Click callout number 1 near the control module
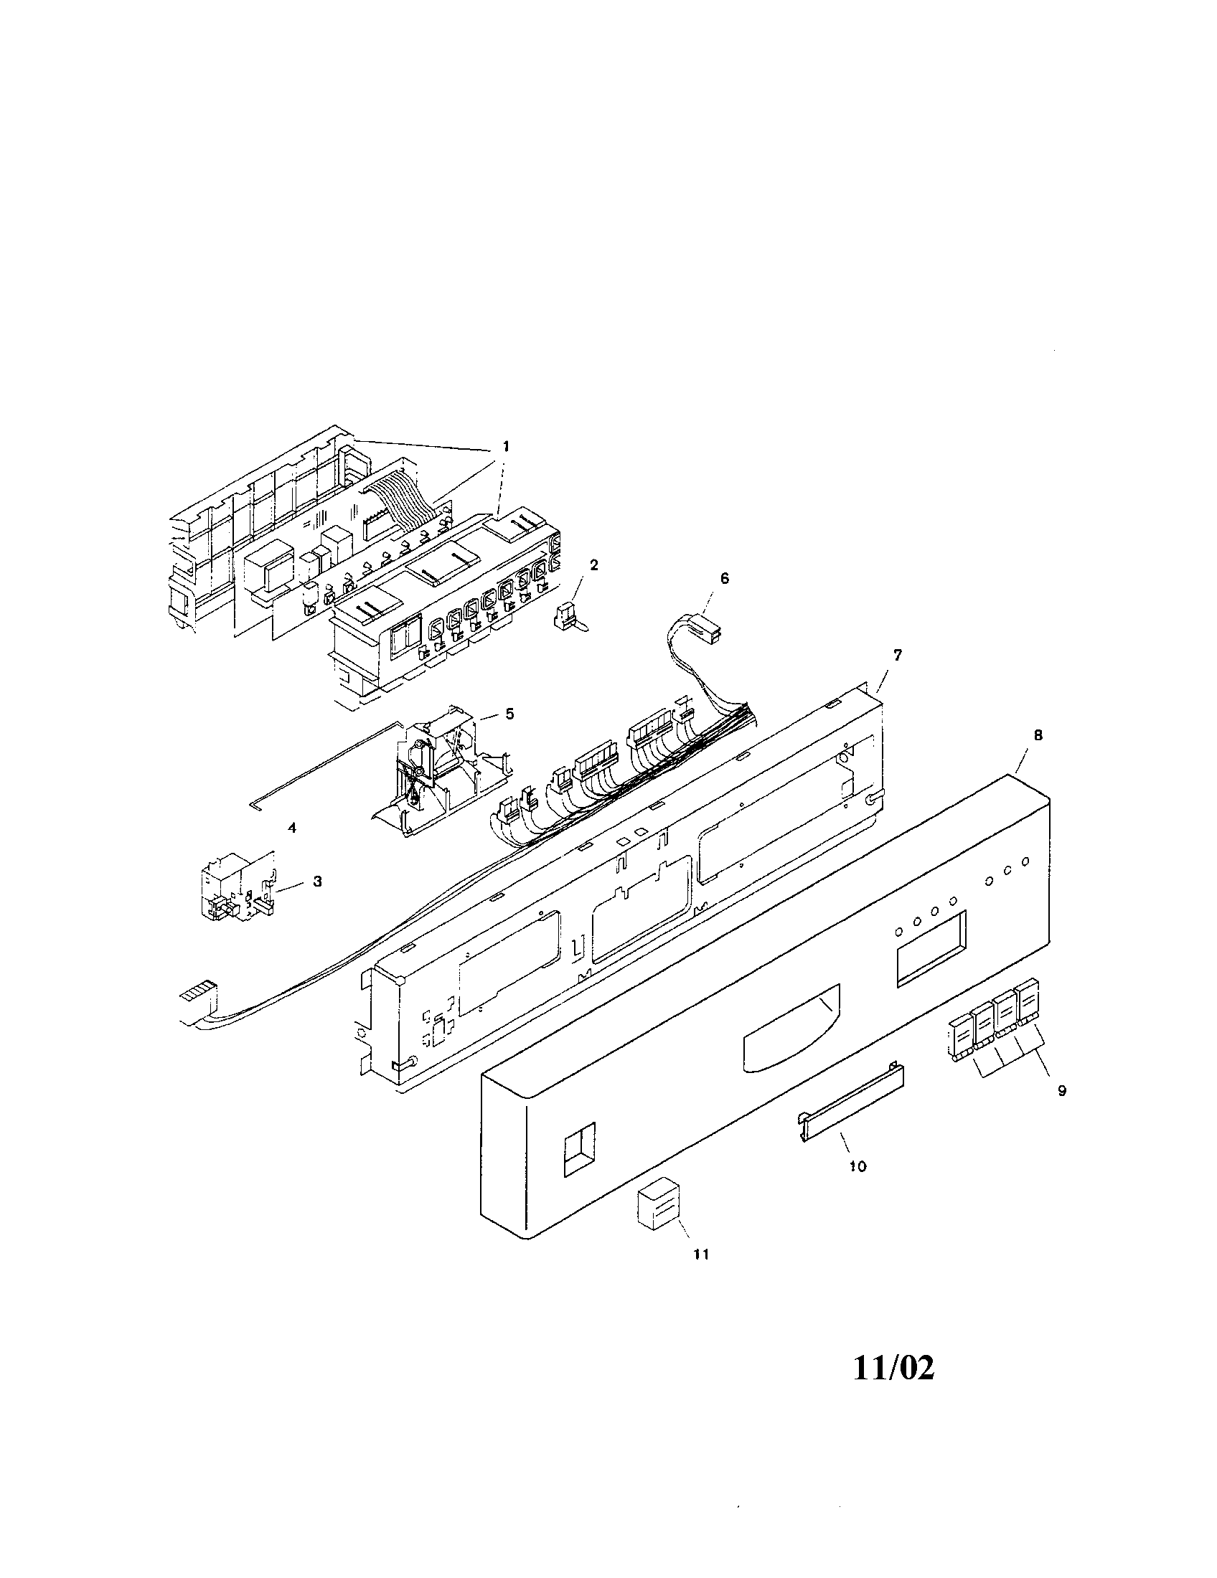tap(506, 448)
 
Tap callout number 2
tap(594, 566)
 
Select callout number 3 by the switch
tap(317, 882)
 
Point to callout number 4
tap(292, 828)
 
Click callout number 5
tap(509, 714)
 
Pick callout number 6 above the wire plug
tap(725, 579)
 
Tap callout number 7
tap(897, 656)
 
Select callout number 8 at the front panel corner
tap(1038, 735)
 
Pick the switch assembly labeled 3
tap(235, 885)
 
